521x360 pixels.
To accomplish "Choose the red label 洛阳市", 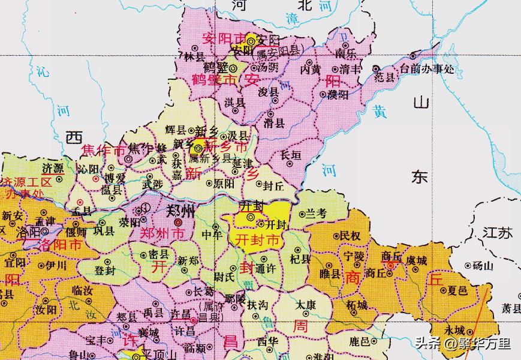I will (60, 245).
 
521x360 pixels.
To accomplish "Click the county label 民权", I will (350, 236).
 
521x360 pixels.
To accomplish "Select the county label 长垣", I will (291, 155).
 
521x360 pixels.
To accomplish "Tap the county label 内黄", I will (311, 69).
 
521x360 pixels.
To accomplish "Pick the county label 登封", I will (106, 271).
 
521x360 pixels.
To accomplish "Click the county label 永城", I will (454, 329).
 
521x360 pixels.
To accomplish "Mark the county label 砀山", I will (481, 265).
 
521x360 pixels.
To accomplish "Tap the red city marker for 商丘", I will (391, 265).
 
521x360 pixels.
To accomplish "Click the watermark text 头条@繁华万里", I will (462, 344).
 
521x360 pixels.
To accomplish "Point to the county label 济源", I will (53, 169).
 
